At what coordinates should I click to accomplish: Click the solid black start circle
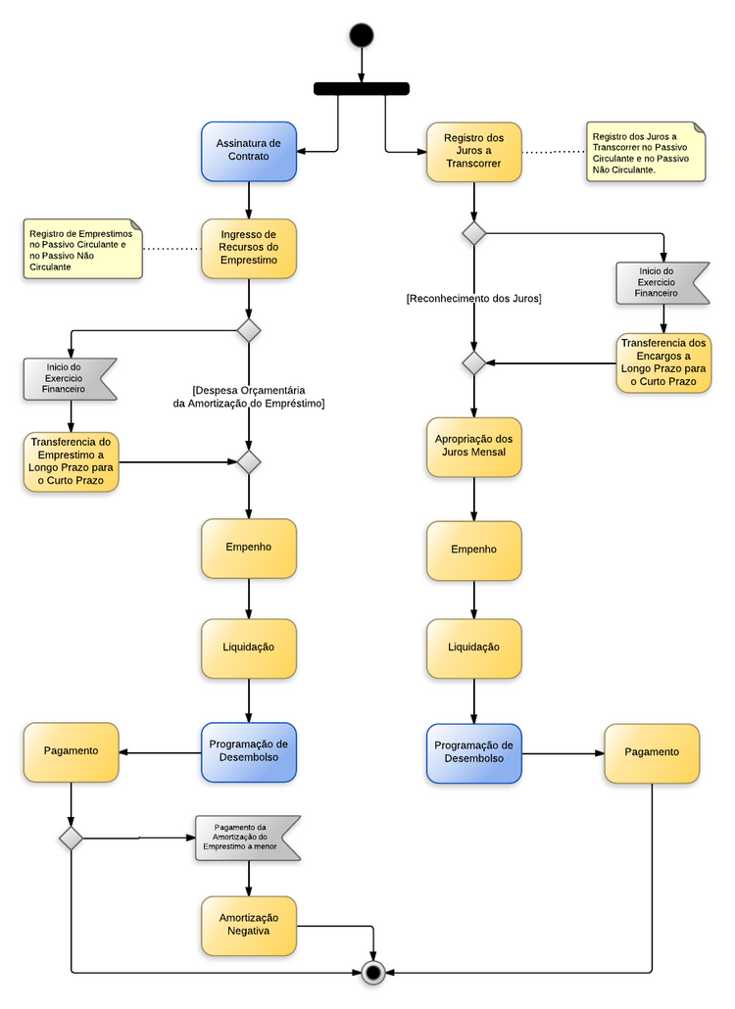361,35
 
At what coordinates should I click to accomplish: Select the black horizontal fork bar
361,88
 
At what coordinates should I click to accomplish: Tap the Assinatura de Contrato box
249,151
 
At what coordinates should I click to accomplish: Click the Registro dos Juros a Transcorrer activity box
473,151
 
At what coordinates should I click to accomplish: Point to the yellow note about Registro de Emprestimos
82,249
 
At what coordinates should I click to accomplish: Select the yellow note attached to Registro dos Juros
645,151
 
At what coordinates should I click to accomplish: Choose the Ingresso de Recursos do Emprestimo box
249,248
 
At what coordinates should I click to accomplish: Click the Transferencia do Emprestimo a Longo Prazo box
71,461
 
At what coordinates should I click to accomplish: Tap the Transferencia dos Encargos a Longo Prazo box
663,362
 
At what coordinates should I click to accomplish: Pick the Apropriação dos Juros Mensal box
473,447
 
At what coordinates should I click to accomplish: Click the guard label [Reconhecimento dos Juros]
473,298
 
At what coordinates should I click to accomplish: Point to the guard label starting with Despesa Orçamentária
248,396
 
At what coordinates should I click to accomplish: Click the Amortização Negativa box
249,925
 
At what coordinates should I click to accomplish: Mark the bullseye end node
372,972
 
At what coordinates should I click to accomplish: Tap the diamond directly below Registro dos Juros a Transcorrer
474,233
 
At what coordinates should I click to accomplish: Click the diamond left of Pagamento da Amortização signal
71,838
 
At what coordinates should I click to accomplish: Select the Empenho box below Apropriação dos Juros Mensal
473,550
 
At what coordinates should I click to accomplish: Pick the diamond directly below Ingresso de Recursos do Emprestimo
249,330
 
